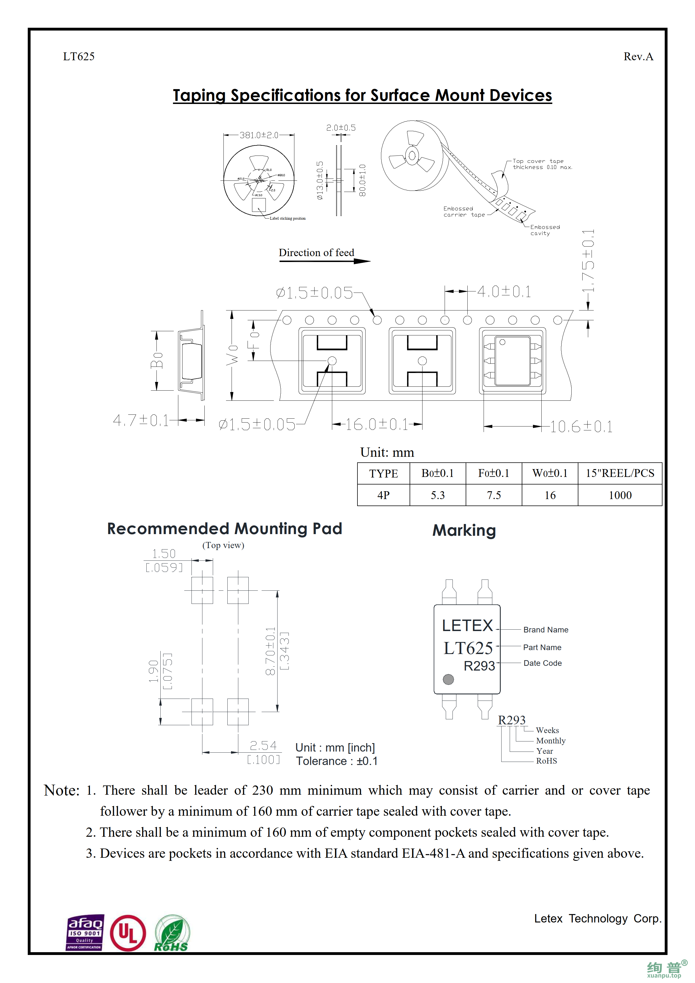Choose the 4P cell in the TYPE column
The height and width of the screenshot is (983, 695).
(x=383, y=495)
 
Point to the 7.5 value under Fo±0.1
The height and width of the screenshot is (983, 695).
(x=493, y=495)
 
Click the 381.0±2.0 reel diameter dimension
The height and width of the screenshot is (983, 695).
(x=259, y=135)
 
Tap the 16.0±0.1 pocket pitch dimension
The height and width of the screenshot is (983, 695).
(x=377, y=425)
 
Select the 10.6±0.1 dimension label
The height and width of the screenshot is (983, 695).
(x=581, y=427)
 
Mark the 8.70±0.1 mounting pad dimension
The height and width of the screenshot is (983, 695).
(x=270, y=651)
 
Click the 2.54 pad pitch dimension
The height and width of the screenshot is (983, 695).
(x=263, y=746)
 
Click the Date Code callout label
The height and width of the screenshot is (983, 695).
(x=542, y=663)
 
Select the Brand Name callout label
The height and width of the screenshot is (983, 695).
(x=546, y=630)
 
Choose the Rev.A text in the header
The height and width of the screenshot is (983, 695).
(x=638, y=57)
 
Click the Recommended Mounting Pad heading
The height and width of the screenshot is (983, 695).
(x=224, y=529)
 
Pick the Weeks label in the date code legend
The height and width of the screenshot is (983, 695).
(x=547, y=731)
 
